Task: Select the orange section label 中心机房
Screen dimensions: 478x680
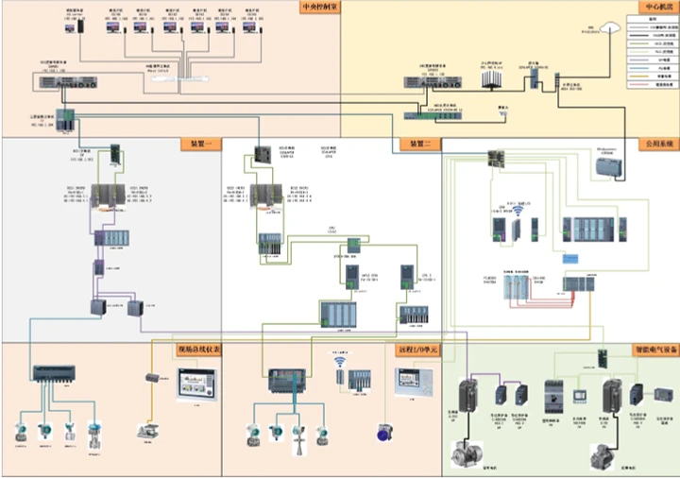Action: point(652,9)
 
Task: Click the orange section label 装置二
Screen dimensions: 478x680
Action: point(418,145)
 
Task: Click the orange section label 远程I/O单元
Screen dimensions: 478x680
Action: point(416,350)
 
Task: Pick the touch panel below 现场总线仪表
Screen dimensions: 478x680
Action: point(196,384)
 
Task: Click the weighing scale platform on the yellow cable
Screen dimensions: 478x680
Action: point(146,433)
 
